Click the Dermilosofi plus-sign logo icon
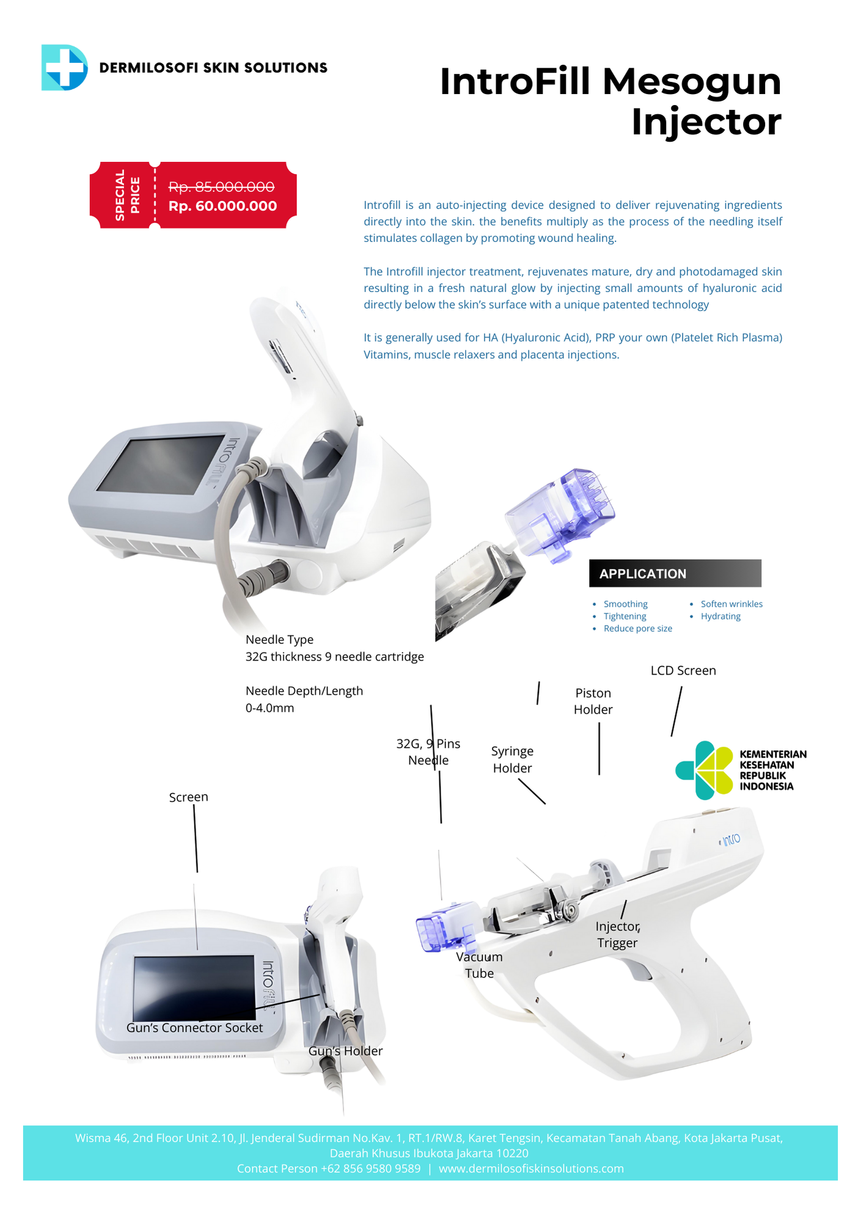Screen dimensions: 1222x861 pos(64,67)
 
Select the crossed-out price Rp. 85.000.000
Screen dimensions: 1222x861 pos(221,186)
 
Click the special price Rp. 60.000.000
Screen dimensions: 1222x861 pos(222,207)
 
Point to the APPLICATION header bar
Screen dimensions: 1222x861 pos(675,573)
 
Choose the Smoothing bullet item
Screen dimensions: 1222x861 pos(625,604)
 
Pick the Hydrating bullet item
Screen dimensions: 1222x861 pos(720,616)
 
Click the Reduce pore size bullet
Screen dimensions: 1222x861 pos(637,628)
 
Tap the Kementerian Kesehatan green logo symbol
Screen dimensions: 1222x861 pos(704,770)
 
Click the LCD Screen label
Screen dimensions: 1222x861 pos(683,670)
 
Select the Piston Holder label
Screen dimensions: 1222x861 pos(593,701)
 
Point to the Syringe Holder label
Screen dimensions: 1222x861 pos(512,759)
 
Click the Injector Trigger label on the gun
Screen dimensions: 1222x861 pos(617,934)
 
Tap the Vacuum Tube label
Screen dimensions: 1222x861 pos(479,965)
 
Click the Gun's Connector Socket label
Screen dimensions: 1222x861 pos(194,1028)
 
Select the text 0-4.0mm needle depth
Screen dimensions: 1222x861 pos(269,708)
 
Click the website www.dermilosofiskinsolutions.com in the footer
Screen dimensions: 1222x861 pos(531,1168)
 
